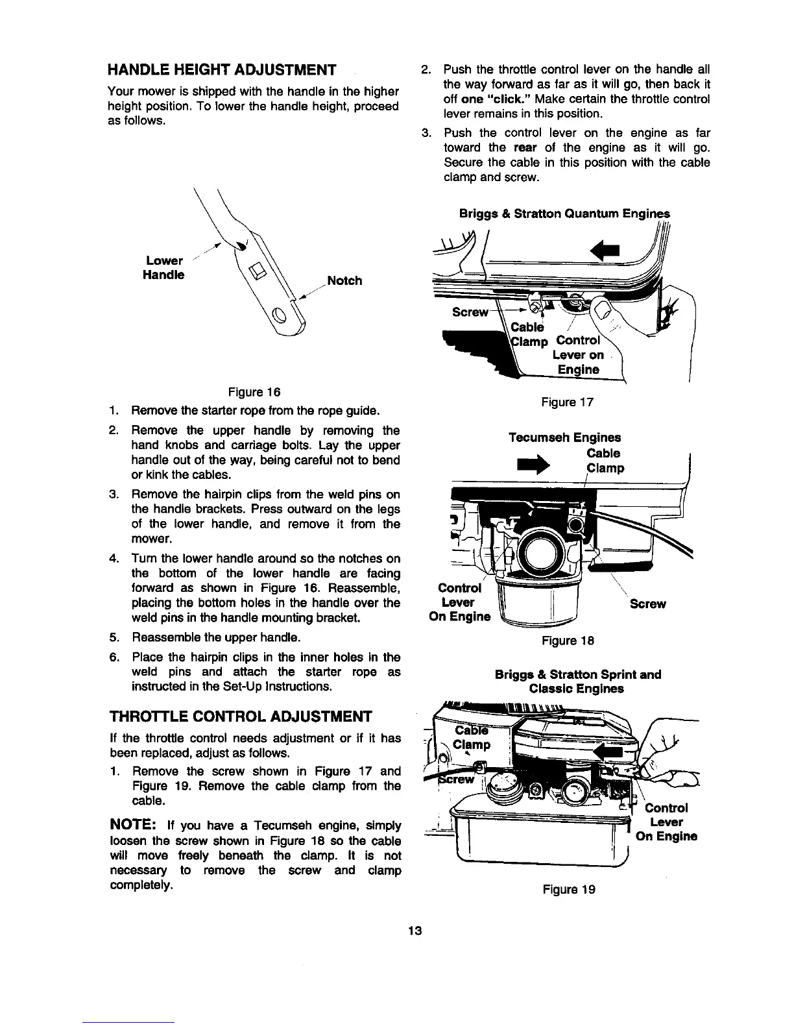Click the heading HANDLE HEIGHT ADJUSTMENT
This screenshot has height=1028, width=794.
(222, 69)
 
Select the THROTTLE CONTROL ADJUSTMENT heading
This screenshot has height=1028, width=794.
(240, 716)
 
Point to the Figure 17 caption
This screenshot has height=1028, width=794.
(568, 402)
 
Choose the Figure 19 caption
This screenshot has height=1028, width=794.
(568, 890)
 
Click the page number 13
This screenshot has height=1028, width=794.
(415, 931)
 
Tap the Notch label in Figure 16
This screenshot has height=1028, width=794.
(344, 281)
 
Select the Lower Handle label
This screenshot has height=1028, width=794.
(165, 267)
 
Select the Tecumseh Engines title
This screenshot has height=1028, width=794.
(564, 437)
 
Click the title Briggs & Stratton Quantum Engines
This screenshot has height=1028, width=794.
(564, 214)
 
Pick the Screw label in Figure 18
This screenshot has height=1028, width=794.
(647, 604)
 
